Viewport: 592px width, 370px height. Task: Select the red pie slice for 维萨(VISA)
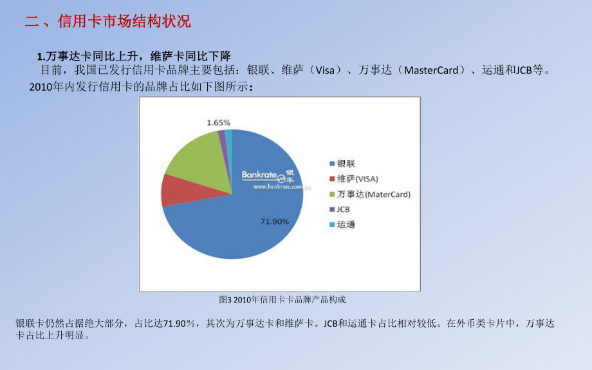[x=172, y=189]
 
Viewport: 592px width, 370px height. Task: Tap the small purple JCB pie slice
[x=221, y=134]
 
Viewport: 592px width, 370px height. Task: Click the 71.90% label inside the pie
[x=274, y=221]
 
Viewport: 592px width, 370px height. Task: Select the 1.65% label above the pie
[x=218, y=122]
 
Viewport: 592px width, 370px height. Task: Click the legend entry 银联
[x=345, y=163]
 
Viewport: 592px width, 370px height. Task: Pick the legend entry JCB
[x=343, y=209]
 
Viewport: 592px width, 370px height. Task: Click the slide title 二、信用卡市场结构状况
[x=108, y=21]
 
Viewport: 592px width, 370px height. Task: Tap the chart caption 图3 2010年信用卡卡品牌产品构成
[x=282, y=299]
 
